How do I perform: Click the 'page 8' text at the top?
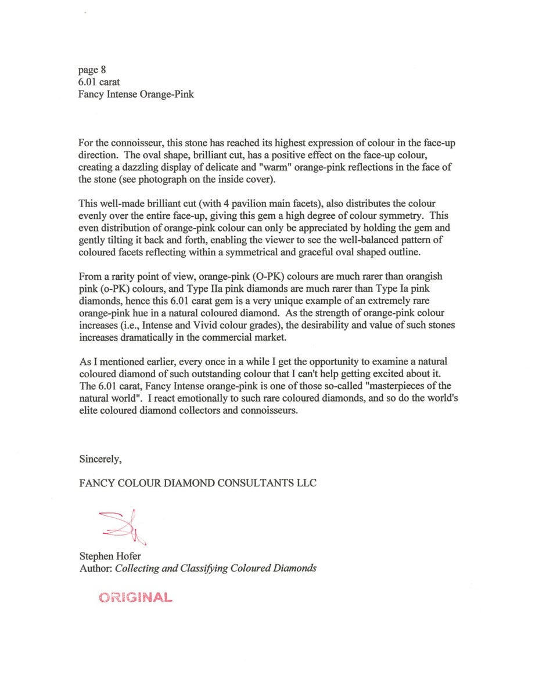pos(92,71)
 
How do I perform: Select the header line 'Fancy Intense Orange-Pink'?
pos(136,94)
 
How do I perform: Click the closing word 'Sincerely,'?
pos(100,459)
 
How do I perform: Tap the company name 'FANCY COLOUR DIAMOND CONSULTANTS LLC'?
pos(198,483)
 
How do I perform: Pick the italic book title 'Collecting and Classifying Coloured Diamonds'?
pos(215,568)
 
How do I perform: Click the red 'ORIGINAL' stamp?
pos(135,597)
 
